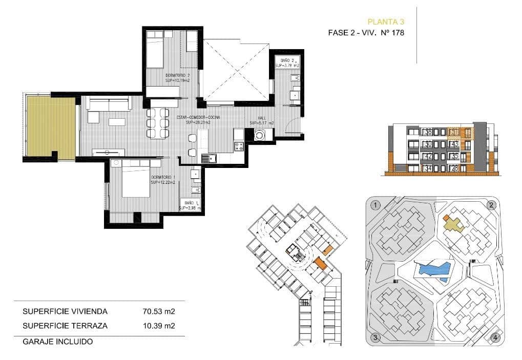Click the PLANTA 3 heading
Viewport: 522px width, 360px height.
coord(386,22)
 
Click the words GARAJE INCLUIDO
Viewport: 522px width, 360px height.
coord(57,341)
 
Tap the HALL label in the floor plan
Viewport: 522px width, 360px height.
coord(261,117)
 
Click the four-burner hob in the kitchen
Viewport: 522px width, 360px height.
coord(239,146)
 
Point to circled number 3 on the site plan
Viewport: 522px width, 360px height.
coord(375,337)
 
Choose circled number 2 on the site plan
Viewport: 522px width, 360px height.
coord(491,205)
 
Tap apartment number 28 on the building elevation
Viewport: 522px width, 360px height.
coord(453,168)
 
